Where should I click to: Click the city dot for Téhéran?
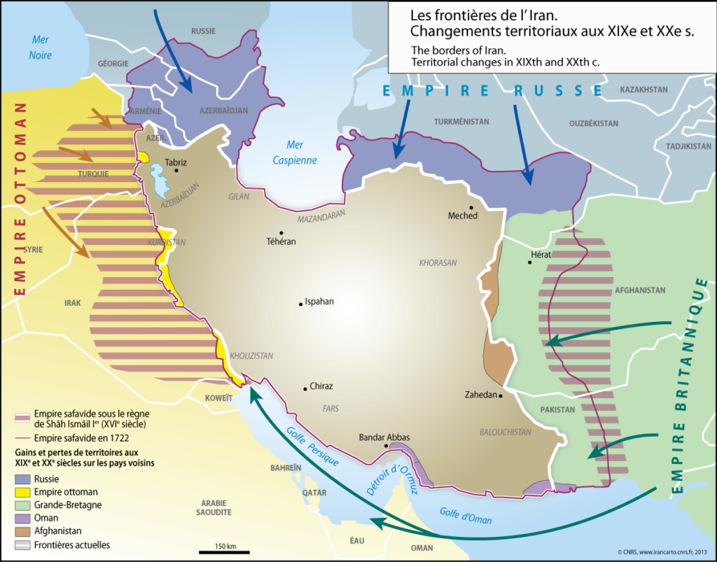(281, 233)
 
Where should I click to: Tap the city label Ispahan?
(319, 302)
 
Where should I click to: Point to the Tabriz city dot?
(176, 170)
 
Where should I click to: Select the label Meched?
(462, 216)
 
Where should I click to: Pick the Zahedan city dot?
(501, 395)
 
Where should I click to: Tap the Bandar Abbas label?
(384, 437)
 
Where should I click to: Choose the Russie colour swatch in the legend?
(23, 479)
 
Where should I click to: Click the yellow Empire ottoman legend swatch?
(23, 492)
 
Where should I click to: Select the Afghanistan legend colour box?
(23, 531)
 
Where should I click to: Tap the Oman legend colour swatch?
(23, 518)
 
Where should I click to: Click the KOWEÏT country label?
(218, 398)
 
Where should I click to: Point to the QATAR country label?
(314, 492)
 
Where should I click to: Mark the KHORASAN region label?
(438, 263)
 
